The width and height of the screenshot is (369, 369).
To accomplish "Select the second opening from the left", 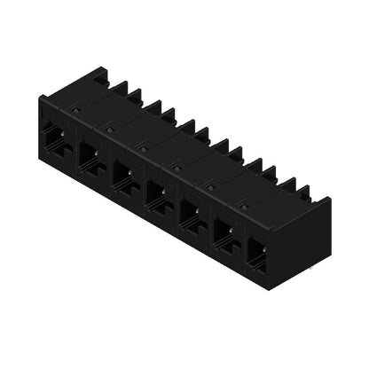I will pyautogui.click(x=89, y=156).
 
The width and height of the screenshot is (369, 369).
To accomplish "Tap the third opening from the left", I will pyautogui.click(x=123, y=174).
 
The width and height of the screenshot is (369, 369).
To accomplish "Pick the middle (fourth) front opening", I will pyautogui.click(x=157, y=192).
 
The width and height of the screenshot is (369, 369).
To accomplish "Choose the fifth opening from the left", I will pyautogui.click(x=192, y=212).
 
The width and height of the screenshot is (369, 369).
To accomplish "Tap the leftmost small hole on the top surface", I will pyautogui.click(x=76, y=110).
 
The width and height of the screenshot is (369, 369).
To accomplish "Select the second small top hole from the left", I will pyautogui.click(x=110, y=128).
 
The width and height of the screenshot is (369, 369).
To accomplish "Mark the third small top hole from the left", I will pyautogui.click(x=143, y=146).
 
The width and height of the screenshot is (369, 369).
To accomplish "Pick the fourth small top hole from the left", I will pyautogui.click(x=177, y=165).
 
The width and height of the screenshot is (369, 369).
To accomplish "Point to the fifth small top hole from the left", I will pyautogui.click(x=210, y=184).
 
